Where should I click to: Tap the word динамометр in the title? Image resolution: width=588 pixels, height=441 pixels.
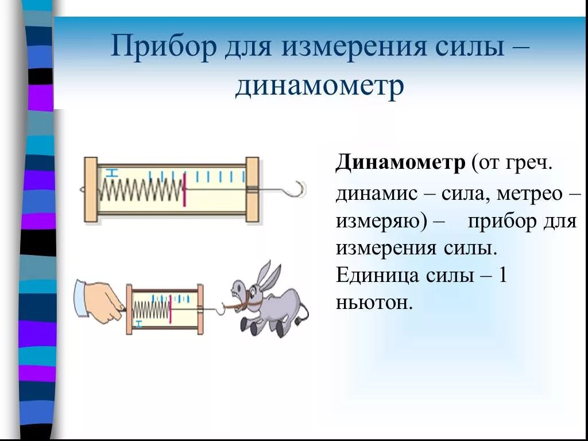point(319,87)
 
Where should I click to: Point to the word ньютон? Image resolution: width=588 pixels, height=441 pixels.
point(374,302)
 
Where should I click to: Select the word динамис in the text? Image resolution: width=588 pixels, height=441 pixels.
point(374,194)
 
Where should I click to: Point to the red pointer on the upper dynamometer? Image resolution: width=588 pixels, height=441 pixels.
point(185,189)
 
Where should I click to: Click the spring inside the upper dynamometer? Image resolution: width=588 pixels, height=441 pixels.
point(141,189)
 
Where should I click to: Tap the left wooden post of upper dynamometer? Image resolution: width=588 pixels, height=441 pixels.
point(91,189)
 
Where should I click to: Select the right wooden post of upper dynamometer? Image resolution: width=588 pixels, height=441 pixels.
point(252,189)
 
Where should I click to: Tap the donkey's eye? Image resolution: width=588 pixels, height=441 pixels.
point(239,286)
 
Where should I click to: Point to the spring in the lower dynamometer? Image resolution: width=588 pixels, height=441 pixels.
point(151,310)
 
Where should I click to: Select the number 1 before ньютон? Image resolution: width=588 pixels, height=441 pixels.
point(502,276)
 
